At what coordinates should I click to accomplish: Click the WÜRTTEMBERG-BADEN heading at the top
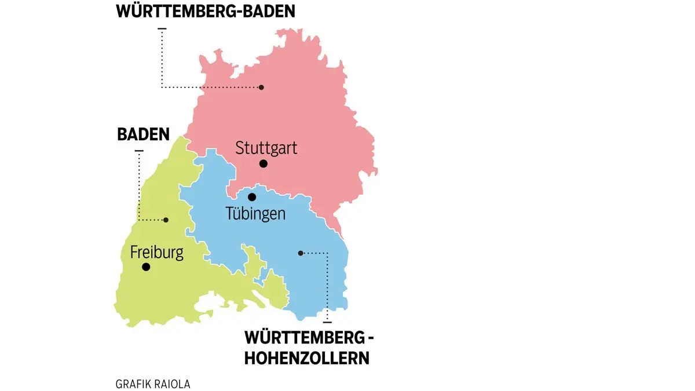pos(205,12)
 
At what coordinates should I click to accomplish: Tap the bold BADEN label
pos(143,135)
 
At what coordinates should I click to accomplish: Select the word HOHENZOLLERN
pos(306,357)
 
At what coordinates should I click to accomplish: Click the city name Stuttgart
pos(266,148)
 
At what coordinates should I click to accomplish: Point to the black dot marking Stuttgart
pos(264,164)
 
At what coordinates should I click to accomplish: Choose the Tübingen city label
pos(255,214)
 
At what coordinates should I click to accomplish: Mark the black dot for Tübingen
pos(252,197)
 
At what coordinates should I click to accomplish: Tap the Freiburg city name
pos(156,253)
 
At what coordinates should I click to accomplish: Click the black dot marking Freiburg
pos(146,267)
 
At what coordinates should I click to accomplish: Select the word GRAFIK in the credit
pos(133,384)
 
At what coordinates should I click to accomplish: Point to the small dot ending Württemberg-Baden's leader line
pos(261,87)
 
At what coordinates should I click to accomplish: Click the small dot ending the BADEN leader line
pos(166,220)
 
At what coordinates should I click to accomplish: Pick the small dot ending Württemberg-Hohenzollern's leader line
pos(300,253)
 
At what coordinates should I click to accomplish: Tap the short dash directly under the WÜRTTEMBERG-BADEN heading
pos(162,28)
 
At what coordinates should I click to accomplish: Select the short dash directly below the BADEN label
pos(138,151)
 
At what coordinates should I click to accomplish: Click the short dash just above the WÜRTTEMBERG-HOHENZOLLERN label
pos(327,321)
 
